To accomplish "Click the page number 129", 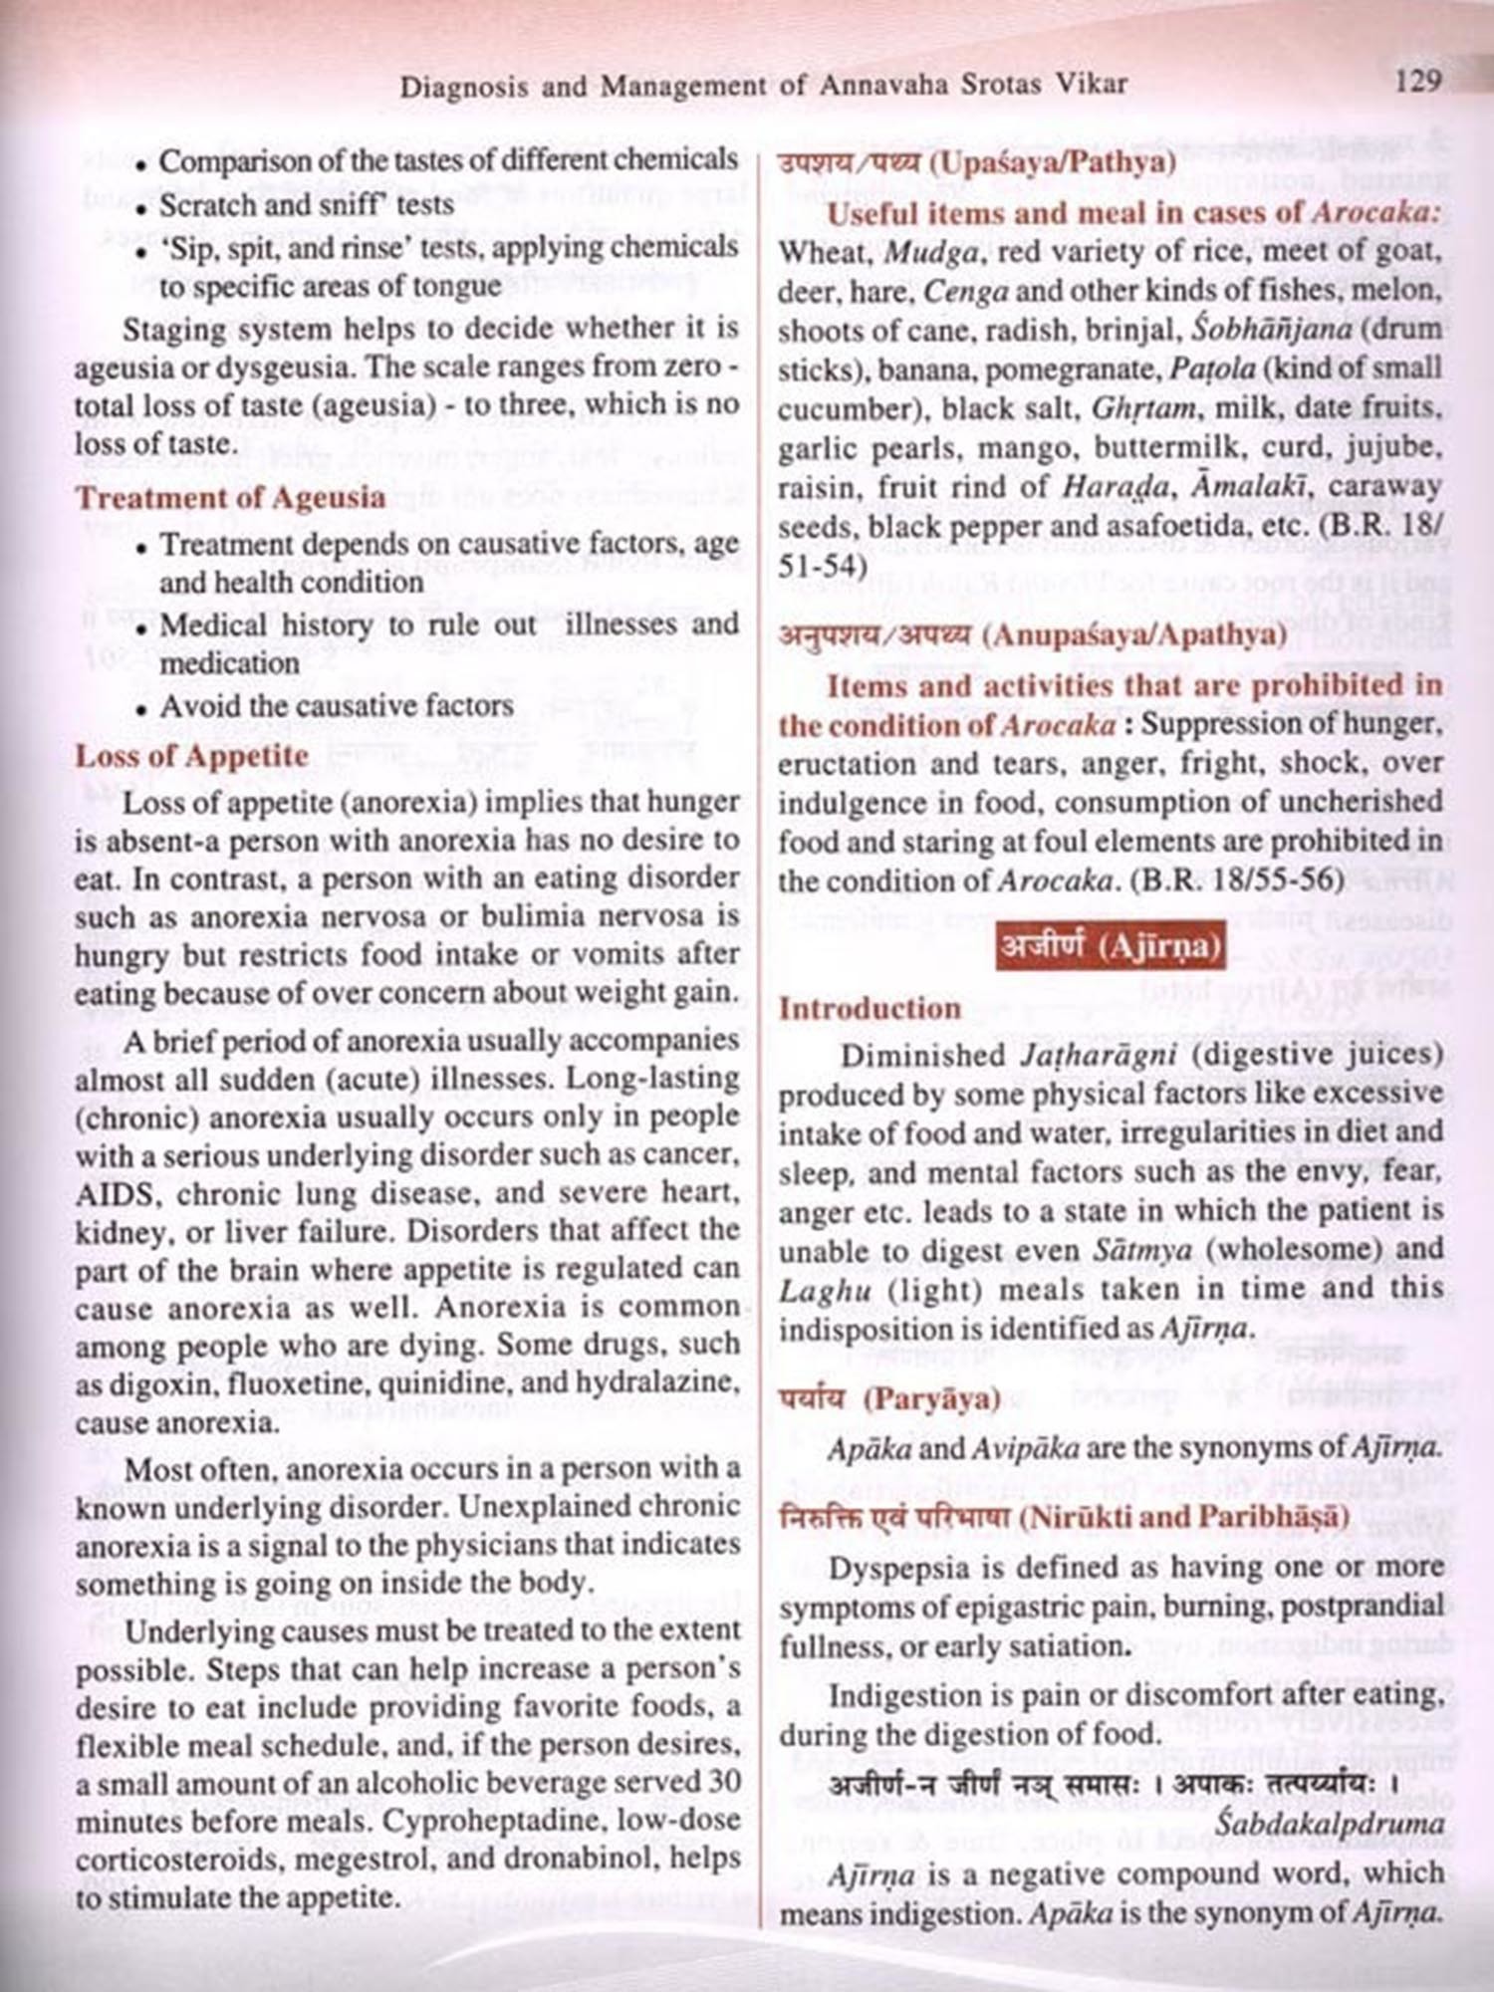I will [1418, 80].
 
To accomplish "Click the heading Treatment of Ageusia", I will [230, 497].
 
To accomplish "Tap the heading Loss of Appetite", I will [192, 755].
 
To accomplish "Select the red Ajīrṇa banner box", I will [1111, 945].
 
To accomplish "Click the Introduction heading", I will [870, 1008].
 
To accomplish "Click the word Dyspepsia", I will [897, 1568].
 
